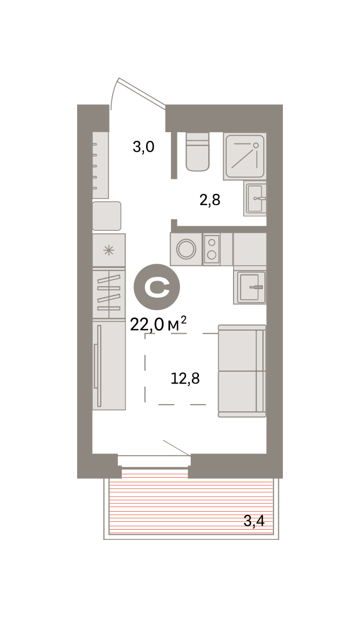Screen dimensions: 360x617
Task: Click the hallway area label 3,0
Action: click(x=143, y=147)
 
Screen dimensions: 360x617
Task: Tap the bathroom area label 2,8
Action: click(x=210, y=200)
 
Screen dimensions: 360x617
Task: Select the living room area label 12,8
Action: click(x=185, y=378)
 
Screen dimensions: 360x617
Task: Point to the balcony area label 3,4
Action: click(x=254, y=521)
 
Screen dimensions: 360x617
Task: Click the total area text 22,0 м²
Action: click(x=158, y=324)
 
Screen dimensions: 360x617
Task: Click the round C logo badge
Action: click(x=157, y=287)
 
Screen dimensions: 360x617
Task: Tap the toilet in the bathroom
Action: click(x=197, y=152)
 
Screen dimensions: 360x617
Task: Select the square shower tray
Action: click(x=245, y=156)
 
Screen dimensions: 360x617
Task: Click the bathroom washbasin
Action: click(x=255, y=198)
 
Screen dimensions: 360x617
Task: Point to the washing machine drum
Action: click(x=186, y=249)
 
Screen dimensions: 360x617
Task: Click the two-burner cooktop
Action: click(x=211, y=249)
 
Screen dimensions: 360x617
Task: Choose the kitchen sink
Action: click(x=250, y=287)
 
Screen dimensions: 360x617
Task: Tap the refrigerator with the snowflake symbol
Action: click(x=109, y=250)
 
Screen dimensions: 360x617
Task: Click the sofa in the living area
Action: click(x=242, y=371)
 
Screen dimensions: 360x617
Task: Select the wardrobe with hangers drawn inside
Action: click(x=109, y=294)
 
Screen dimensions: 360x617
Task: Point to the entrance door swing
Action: click(x=138, y=94)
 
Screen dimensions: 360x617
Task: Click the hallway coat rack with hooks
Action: click(x=100, y=165)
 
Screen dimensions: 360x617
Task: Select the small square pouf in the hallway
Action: click(x=106, y=216)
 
